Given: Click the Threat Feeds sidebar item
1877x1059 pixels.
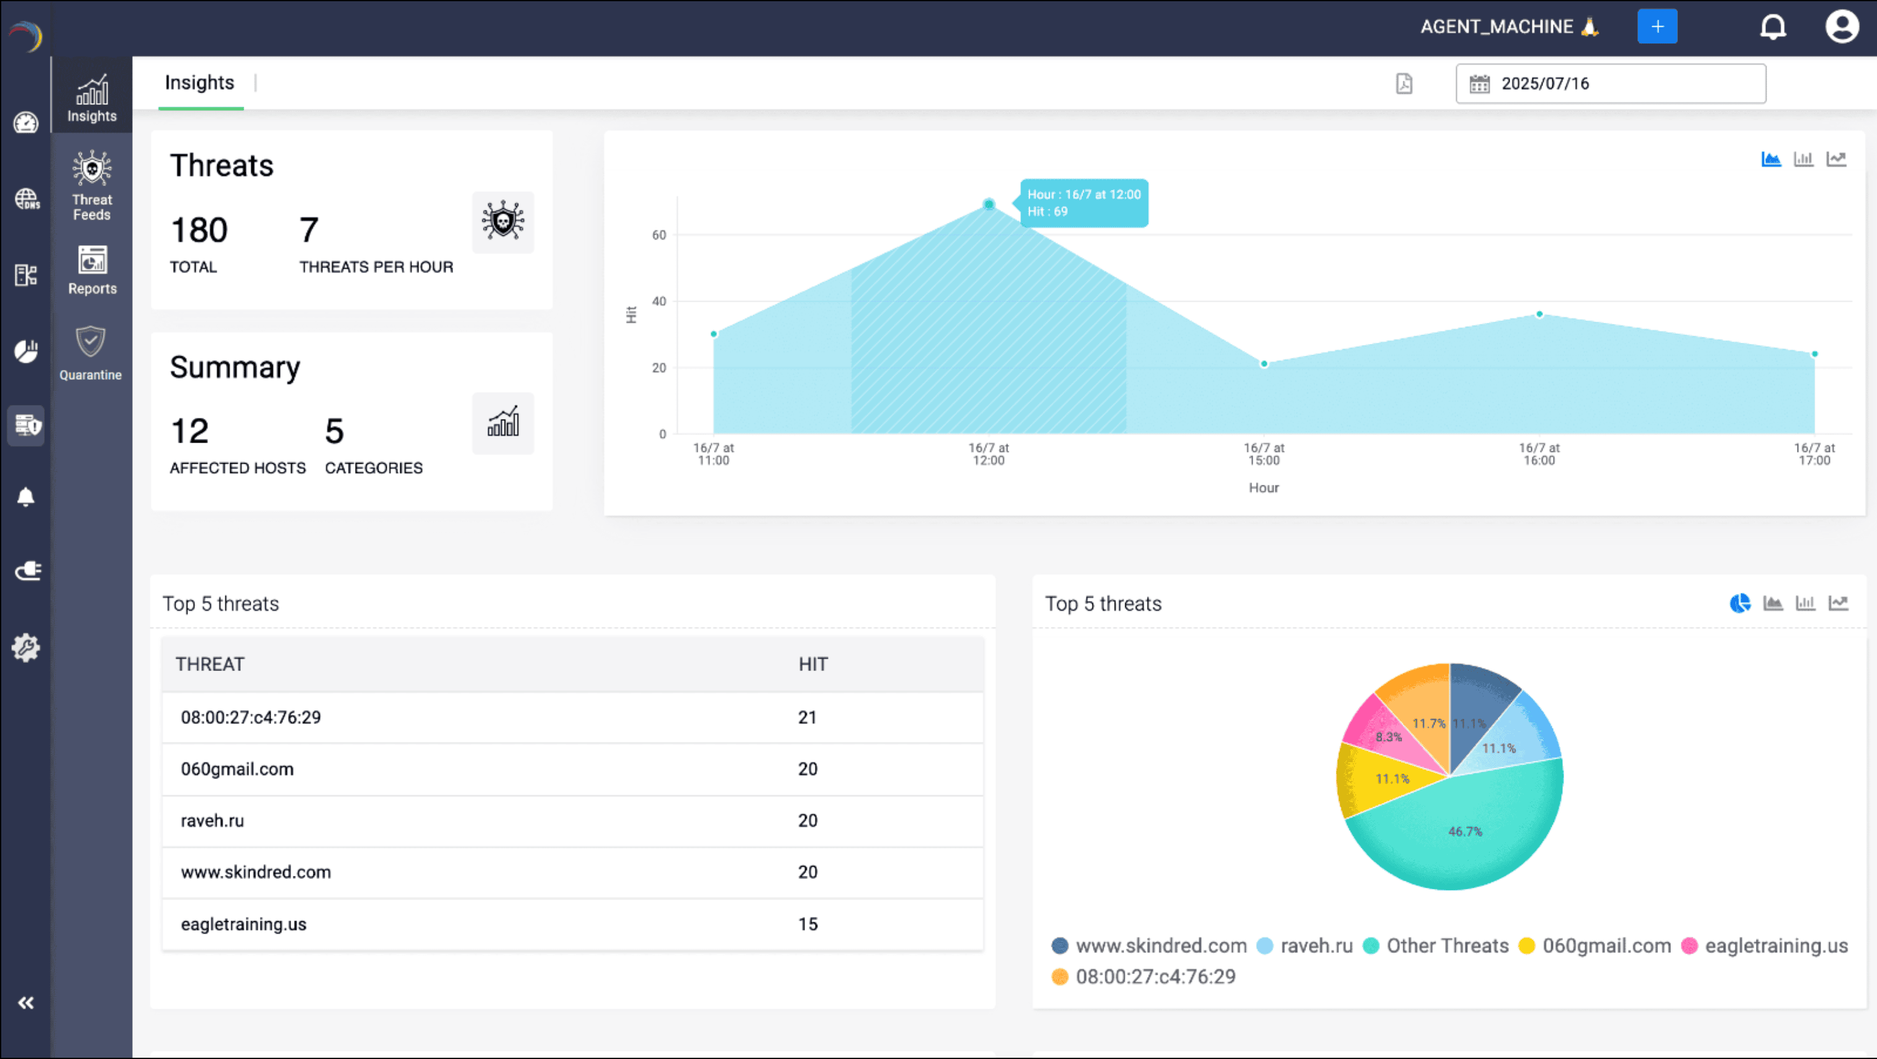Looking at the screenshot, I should [x=92, y=185].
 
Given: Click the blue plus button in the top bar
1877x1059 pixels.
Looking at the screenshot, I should [x=1656, y=27].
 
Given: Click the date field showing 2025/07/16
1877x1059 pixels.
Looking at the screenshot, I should [x=1610, y=84].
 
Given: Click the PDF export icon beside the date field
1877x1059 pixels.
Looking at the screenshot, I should [x=1403, y=84].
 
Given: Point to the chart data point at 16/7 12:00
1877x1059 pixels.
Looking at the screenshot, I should [x=988, y=205].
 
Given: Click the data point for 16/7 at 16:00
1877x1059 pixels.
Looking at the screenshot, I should [x=1539, y=315].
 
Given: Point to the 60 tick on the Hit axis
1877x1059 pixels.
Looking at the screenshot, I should [x=659, y=235].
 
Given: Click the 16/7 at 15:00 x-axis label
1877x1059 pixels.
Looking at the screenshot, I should [x=1264, y=454].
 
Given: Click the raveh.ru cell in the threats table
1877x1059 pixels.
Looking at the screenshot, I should [x=213, y=821].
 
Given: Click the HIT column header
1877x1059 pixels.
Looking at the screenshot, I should [x=812, y=665].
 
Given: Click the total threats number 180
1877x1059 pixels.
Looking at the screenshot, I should [x=199, y=231].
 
